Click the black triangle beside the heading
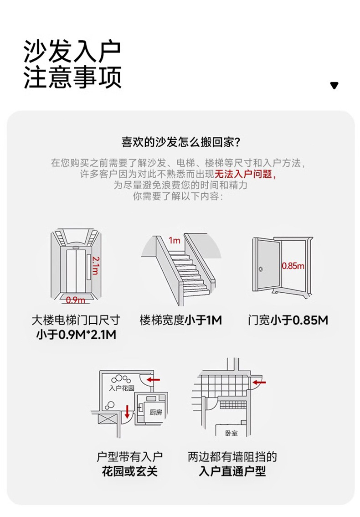[334, 85]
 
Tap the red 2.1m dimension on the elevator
[95, 265]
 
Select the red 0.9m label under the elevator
[75, 300]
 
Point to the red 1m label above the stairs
[174, 240]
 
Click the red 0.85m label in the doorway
[293, 266]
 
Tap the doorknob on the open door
[261, 269]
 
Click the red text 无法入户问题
[245, 175]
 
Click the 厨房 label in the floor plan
[156, 412]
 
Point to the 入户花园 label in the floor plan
[122, 388]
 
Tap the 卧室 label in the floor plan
[231, 433]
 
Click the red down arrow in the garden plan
[127, 411]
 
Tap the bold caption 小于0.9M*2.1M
[76, 335]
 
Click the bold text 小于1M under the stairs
[203, 321]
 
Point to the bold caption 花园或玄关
[130, 471]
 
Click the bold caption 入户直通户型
[232, 471]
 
